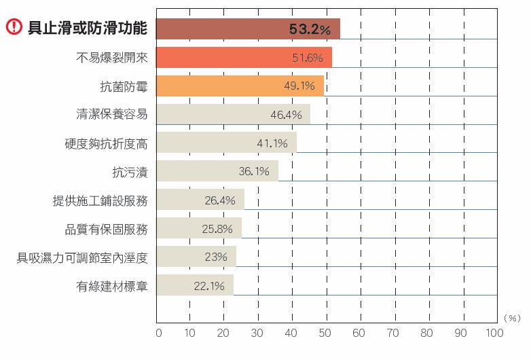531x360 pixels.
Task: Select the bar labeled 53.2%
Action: pos(248,29)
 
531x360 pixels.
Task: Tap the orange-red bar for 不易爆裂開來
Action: pos(244,58)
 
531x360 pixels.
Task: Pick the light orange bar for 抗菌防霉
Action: pos(240,86)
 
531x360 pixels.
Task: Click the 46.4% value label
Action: pos(286,115)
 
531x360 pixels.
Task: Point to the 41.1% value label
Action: pos(272,143)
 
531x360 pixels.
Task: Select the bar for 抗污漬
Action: pos(217,171)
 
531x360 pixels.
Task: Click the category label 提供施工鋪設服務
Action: pos(100,200)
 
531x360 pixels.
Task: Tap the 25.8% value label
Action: pos(217,229)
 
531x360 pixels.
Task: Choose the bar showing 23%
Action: pos(196,257)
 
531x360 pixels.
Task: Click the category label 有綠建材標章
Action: pos(112,286)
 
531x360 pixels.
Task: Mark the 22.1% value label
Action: pos(209,286)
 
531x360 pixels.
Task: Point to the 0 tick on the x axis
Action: pos(159,333)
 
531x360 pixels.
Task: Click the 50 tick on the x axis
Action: pos(325,333)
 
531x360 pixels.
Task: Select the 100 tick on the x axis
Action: pos(494,333)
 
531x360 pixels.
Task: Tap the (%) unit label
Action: pos(512,317)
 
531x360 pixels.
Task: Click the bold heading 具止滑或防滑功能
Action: pos(88,29)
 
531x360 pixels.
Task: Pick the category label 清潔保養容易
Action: pos(112,114)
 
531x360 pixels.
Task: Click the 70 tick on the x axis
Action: pos(392,333)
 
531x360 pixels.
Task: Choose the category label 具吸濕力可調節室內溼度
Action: pos(82,257)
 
